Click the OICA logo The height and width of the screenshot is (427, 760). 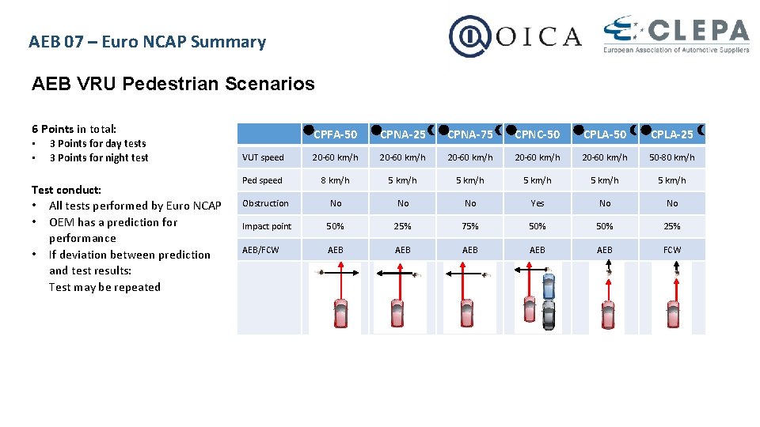[515, 36]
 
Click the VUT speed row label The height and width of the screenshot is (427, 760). [263, 157]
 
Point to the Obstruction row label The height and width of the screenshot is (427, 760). [265, 203]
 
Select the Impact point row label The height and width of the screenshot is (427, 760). [267, 226]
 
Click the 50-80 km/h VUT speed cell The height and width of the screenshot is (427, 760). [671, 157]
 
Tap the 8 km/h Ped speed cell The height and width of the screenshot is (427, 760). [335, 180]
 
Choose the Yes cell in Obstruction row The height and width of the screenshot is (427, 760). [538, 203]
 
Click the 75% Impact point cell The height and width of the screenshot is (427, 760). [470, 226]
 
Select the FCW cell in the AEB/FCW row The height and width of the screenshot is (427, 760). [671, 250]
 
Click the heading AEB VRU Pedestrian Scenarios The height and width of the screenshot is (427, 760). [173, 84]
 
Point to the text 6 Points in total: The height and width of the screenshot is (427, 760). [74, 129]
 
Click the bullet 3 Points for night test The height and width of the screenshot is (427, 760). [98, 157]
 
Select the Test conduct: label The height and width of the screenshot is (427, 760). [66, 190]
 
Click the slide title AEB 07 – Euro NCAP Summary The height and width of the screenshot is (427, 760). [147, 42]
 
